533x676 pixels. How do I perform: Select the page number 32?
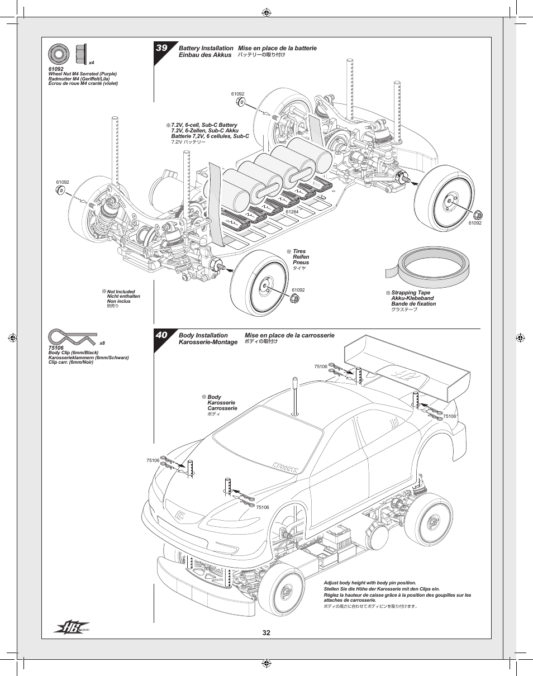[266, 633]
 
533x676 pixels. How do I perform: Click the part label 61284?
[292, 212]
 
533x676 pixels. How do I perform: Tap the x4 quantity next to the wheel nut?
[92, 63]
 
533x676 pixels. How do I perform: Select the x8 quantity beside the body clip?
[102, 343]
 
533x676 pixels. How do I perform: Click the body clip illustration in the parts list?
[73, 337]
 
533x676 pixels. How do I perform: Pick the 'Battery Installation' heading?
[206, 48]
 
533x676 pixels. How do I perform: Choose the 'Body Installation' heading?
[203, 335]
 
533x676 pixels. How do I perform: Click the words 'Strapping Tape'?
[411, 292]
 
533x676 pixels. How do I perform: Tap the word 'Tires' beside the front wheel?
[299, 251]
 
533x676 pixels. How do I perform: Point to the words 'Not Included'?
[121, 292]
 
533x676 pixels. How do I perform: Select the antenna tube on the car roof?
[295, 397]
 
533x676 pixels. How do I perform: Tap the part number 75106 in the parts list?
[56, 347]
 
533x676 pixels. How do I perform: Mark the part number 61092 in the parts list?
[56, 69]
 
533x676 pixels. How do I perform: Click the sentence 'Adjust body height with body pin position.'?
[370, 583]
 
